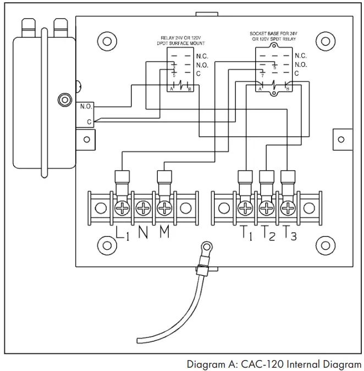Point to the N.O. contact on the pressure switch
[x=86, y=106]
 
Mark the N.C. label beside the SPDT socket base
[x=301, y=56]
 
